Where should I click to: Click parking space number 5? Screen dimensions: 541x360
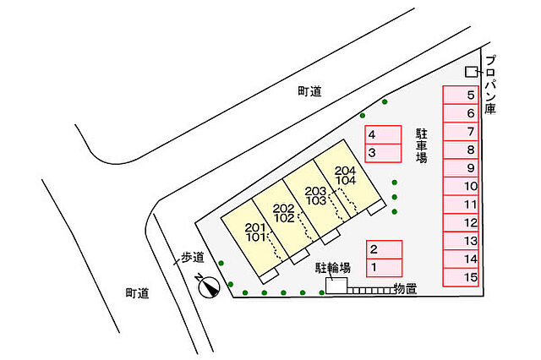(461, 95)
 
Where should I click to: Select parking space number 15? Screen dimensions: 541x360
(461, 277)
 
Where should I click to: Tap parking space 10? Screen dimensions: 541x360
(461, 186)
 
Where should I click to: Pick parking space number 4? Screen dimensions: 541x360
(383, 135)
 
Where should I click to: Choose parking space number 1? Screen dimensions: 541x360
(384, 268)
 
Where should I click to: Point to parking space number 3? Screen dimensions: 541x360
(383, 153)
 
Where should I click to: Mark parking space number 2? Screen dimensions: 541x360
(384, 249)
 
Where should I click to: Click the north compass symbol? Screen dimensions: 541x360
(209, 286)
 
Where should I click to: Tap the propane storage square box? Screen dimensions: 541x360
(470, 72)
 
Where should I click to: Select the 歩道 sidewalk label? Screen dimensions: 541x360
(193, 257)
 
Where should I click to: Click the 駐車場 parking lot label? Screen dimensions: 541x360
(421, 146)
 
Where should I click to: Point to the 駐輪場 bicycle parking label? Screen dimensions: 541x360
(332, 268)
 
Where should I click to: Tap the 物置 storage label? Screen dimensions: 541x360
(405, 289)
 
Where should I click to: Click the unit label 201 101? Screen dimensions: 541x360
(255, 232)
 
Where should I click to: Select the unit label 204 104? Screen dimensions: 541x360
(345, 176)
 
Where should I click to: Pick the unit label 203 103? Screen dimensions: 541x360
(315, 195)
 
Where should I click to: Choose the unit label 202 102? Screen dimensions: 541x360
(284, 213)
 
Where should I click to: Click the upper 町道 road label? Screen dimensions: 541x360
(309, 91)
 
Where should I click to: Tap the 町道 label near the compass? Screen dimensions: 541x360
(137, 293)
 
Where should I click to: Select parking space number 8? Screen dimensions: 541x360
(461, 150)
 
